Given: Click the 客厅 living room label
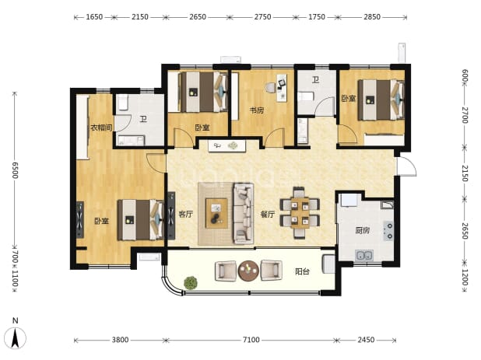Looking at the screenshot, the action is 186,214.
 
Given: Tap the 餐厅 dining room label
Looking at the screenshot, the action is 268,214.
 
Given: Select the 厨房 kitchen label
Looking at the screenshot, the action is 362,230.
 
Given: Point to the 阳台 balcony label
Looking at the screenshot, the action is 302,271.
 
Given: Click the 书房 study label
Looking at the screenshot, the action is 256,110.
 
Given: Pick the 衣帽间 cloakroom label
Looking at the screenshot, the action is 101,128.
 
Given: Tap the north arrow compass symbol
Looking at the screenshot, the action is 16,334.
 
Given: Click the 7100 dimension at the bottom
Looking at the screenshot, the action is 251,340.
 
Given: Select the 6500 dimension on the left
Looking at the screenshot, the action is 15,170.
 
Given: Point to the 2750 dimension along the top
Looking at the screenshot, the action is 262,17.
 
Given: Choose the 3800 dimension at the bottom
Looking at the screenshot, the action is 120,340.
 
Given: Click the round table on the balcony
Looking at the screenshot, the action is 248,271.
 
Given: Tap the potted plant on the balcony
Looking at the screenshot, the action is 191,283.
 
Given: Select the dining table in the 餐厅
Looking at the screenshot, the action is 300,212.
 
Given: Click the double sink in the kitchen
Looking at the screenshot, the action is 364,255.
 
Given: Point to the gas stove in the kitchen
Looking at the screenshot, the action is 388,231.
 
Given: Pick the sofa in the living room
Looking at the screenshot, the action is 244,214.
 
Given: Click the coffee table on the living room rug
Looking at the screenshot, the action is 216,213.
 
